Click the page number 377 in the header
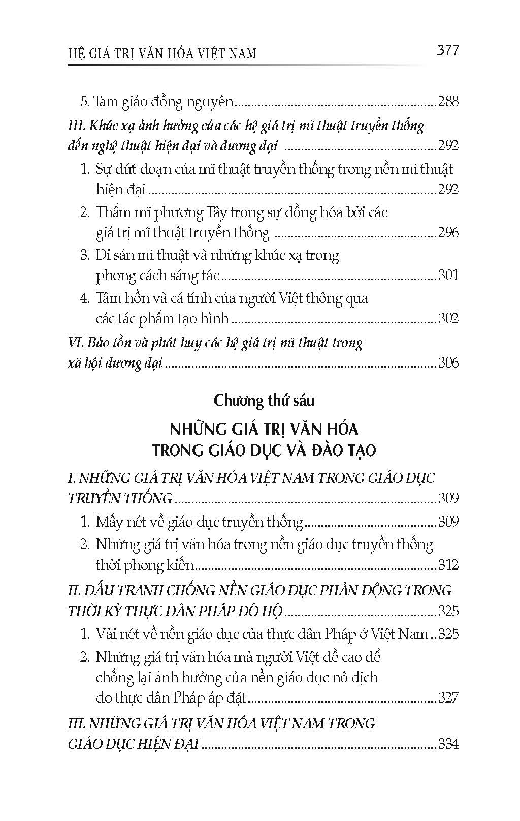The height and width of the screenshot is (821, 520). click(447, 51)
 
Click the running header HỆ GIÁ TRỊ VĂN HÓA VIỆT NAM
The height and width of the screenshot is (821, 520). click(162, 53)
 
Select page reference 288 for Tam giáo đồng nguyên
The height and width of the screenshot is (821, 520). click(448, 102)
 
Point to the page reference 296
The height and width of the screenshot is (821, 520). click(448, 233)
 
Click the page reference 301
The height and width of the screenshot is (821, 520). click(448, 276)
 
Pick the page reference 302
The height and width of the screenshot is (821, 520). click(448, 319)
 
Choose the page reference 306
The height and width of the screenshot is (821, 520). click(448, 362)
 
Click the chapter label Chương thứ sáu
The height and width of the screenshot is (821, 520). click(264, 401)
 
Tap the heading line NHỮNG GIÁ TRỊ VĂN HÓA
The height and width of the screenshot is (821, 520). click(264, 429)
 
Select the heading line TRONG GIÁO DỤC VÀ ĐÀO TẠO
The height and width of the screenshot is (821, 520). click(264, 450)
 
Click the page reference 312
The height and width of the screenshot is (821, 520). click(448, 565)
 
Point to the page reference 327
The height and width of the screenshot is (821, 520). click(448, 697)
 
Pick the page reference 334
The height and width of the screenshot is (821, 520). click(448, 745)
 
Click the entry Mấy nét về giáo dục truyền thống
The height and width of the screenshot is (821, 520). click(199, 522)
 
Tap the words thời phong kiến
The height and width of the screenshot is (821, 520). click(145, 565)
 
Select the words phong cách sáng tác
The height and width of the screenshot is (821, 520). click(157, 276)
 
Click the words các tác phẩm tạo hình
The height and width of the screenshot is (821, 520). click(162, 319)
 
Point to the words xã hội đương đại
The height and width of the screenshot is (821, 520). click(115, 363)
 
